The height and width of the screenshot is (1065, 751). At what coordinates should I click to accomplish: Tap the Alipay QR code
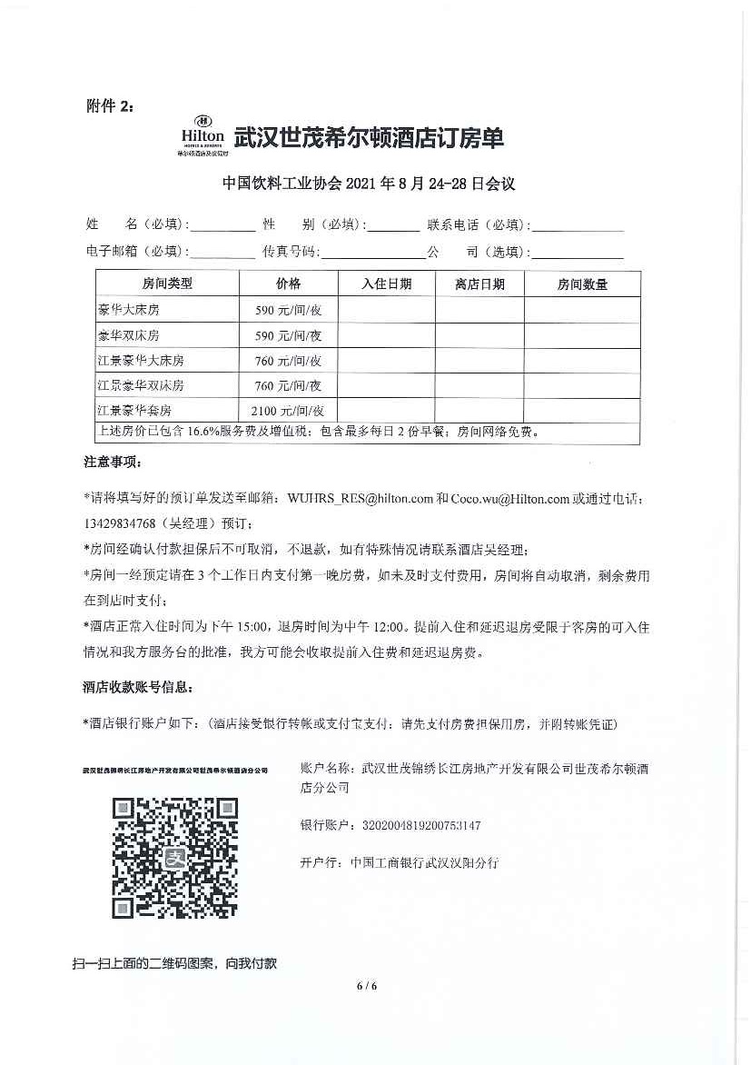point(174,858)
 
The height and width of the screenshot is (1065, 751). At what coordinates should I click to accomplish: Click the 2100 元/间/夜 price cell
point(289,410)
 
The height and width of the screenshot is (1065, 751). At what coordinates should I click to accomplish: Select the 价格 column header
point(289,284)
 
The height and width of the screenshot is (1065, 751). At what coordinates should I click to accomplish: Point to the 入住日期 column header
point(386,284)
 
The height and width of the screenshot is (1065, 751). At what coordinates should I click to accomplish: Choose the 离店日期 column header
point(479,284)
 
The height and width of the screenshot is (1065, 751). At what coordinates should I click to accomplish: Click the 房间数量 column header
point(582,284)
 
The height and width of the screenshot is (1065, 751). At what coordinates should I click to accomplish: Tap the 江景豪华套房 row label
point(134,410)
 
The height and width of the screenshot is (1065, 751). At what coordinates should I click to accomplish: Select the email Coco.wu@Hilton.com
point(509,498)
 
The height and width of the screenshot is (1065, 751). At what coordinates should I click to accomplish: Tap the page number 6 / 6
point(366,986)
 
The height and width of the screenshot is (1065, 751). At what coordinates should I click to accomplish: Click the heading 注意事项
point(113,463)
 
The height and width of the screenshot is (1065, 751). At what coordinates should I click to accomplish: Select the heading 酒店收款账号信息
point(138,688)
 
